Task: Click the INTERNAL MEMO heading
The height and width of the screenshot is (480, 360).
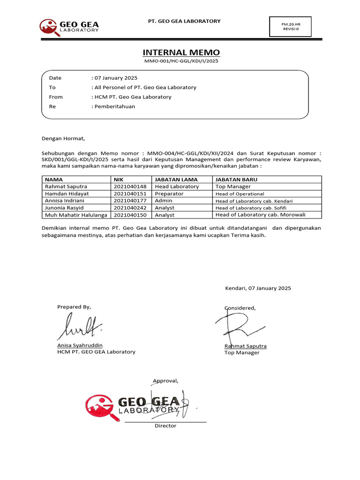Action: [181, 52]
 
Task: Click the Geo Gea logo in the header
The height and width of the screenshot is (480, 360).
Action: [69, 27]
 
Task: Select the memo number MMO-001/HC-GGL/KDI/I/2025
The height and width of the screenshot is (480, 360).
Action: [181, 61]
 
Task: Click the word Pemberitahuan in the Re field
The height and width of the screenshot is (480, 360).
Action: [114, 106]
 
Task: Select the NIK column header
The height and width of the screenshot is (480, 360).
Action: [118, 180]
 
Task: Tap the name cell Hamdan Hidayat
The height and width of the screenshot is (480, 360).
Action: [67, 194]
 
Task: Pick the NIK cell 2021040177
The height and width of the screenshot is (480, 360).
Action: [130, 201]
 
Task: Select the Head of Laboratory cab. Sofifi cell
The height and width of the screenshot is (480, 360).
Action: [251, 208]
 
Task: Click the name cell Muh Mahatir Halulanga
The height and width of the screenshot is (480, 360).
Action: [76, 215]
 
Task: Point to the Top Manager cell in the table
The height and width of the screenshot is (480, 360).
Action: [233, 187]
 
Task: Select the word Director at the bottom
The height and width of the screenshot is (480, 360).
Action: [165, 426]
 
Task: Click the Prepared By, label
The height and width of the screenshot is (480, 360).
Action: [74, 307]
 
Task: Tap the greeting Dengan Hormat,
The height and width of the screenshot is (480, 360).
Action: [63, 138]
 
